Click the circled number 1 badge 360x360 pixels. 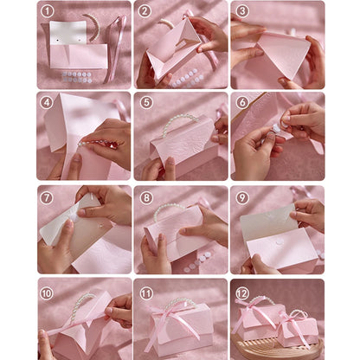coord(47,11)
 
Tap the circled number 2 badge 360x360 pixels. coord(145,11)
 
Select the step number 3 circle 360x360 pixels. coord(242,11)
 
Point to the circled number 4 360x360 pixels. coord(47,102)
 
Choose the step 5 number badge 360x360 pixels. coord(145,102)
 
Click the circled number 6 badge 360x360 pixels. coord(242,102)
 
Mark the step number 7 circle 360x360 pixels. coord(47,197)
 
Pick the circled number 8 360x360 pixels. coord(145,197)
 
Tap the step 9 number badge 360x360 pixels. coord(242,197)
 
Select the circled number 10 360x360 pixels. coord(47,293)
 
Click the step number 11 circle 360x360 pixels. coord(145,293)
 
